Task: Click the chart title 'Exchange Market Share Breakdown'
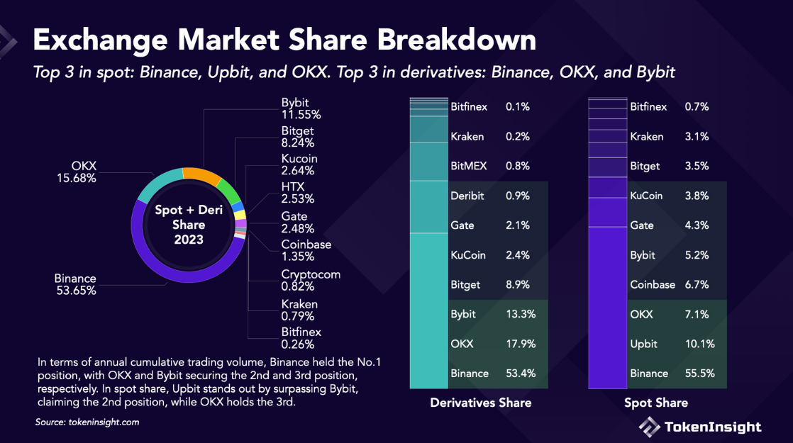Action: pyautogui.click(x=284, y=40)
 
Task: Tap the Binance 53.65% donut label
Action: pyautogui.click(x=75, y=284)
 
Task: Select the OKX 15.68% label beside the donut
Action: pyautogui.click(x=77, y=172)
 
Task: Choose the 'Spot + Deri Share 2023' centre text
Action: pyautogui.click(x=189, y=225)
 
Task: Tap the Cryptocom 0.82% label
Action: pyautogui.click(x=311, y=280)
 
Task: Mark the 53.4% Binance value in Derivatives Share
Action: pyautogui.click(x=520, y=374)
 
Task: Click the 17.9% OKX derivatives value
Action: pyautogui.click(x=520, y=344)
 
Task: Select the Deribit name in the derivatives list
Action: pyautogui.click(x=467, y=196)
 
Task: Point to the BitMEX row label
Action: pyautogui.click(x=469, y=166)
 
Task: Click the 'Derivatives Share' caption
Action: pyautogui.click(x=480, y=403)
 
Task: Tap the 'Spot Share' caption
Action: pyautogui.click(x=655, y=403)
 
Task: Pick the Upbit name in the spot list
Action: pyautogui.click(x=644, y=344)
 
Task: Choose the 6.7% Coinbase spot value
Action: pyautogui.click(x=697, y=284)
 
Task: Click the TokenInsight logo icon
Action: pyautogui.click(x=649, y=426)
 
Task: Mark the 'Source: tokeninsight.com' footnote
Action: pyautogui.click(x=87, y=422)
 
